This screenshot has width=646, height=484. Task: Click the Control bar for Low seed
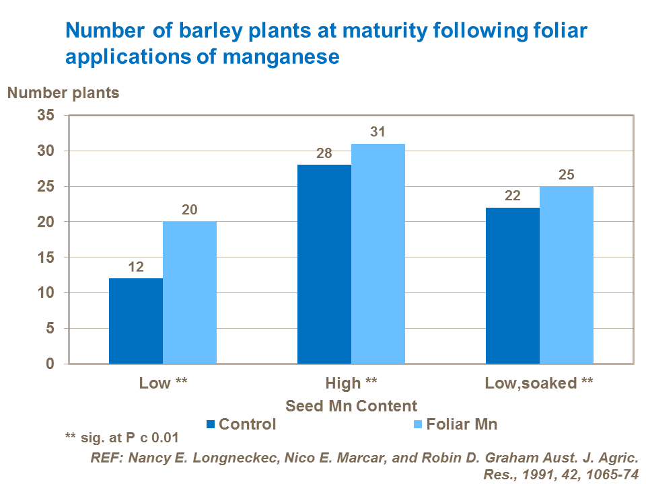point(135,321)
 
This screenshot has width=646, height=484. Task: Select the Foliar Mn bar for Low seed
point(189,293)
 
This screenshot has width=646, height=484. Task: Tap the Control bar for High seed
point(324,264)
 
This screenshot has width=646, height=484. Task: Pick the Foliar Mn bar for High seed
point(378,254)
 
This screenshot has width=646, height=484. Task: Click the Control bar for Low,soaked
point(512,286)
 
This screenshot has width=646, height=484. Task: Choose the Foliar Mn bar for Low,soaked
point(566,275)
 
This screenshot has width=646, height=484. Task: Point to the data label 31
point(378,132)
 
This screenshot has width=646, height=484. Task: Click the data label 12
point(135,268)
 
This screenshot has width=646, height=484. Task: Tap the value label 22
point(512,196)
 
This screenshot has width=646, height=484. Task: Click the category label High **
point(351,384)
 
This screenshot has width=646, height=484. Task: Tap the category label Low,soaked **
point(539,384)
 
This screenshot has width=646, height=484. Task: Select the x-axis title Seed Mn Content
point(351,406)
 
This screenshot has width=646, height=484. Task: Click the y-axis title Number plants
point(63,93)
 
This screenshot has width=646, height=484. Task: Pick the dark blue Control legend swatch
point(211,424)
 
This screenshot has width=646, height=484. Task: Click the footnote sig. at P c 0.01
point(122,438)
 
